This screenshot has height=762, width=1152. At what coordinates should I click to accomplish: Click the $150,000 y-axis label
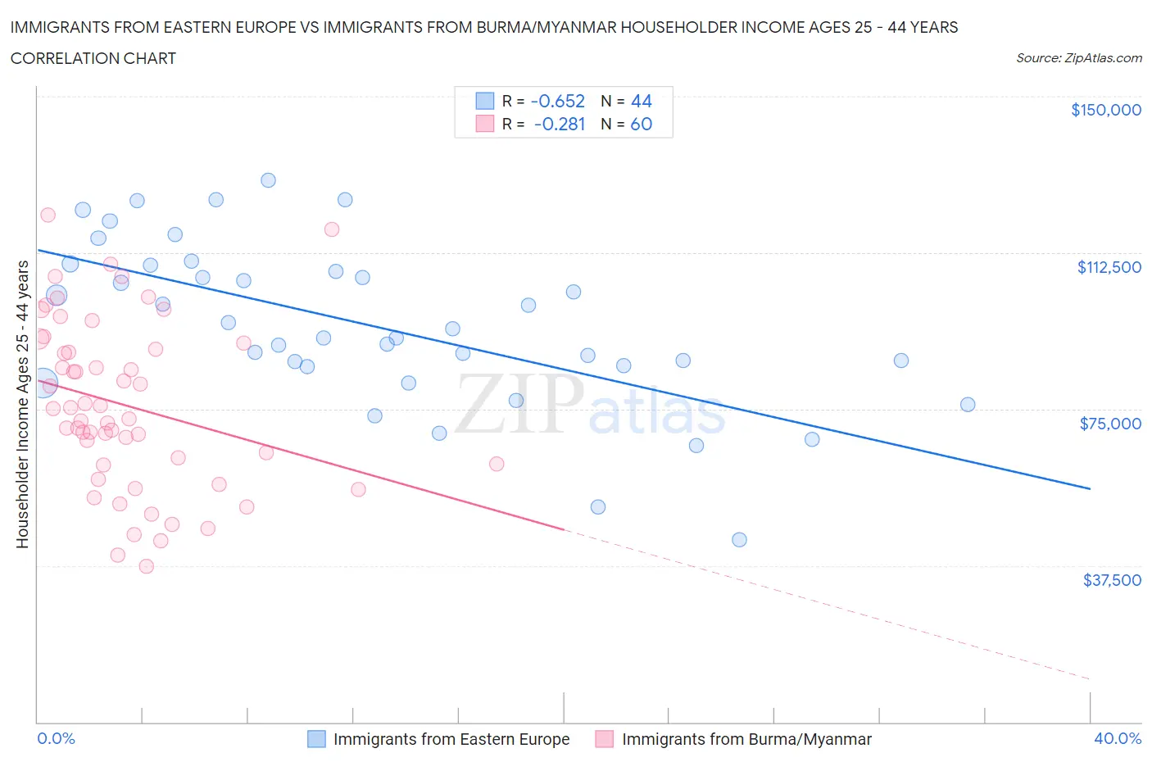(x=1105, y=110)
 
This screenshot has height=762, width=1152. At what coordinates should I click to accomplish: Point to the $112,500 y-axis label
(x=1109, y=267)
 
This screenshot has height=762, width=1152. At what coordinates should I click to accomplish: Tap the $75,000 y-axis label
(x=1110, y=424)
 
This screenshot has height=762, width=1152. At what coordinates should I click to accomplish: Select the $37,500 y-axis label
(x=1111, y=580)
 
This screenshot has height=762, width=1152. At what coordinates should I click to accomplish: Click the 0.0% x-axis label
(x=56, y=738)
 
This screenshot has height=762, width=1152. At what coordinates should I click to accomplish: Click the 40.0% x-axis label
(x=1117, y=738)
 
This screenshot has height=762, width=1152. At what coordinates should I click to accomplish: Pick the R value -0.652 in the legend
(x=557, y=101)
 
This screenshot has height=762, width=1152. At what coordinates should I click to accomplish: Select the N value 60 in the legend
(x=641, y=124)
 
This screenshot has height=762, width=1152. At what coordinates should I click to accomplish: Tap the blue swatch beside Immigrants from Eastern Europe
(x=316, y=739)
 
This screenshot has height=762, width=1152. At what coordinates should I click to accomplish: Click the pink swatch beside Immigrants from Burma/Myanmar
(x=605, y=739)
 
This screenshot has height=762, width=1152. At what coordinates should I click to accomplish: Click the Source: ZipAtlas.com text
(x=1078, y=57)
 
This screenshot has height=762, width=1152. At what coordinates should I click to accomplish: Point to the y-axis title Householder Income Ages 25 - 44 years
(x=23, y=404)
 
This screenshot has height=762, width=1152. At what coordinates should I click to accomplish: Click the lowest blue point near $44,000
(x=739, y=539)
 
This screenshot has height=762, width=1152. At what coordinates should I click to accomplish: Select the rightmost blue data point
(x=968, y=404)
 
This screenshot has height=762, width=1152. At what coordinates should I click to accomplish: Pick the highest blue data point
(x=268, y=180)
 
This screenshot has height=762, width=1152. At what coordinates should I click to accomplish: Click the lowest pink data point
(x=147, y=566)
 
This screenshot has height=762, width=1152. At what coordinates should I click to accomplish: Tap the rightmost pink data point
(x=497, y=464)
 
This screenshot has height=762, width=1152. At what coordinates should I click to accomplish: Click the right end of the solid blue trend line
(x=1090, y=488)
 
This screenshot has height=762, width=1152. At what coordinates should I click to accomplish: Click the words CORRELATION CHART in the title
(x=93, y=58)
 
